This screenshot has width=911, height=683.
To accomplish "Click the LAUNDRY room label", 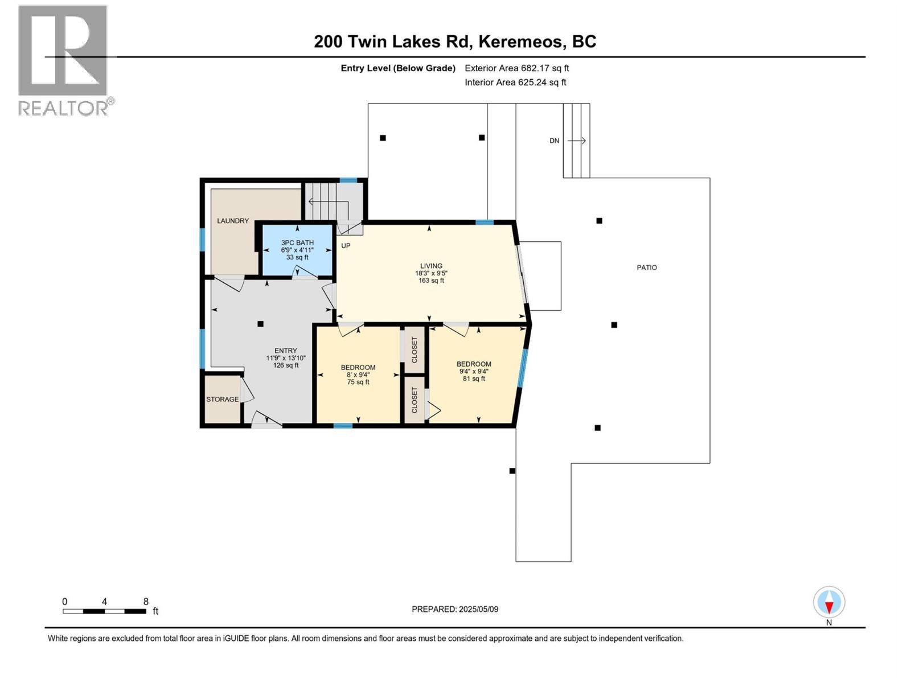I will pos(232,221).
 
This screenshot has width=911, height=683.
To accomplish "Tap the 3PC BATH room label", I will pos(297,242).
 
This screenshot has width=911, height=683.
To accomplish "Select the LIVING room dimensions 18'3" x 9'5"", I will pos(431,273).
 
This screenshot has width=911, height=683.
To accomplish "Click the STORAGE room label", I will pos(222,400).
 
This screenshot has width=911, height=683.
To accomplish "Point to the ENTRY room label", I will pos(285,351).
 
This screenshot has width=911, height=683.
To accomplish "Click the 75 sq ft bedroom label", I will pos(358,368).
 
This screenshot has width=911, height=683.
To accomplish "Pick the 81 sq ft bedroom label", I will pos(474,364).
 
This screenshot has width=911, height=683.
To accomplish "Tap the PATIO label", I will pos(646,268).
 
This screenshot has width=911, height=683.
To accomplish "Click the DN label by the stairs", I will pos(554,141).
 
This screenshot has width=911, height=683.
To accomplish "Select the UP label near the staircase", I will pos(346,246).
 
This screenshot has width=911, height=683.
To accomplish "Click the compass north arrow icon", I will pos(829,603).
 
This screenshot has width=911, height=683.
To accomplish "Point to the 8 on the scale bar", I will pos(146,602).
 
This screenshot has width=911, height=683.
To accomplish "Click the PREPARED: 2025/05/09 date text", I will pos(455,609).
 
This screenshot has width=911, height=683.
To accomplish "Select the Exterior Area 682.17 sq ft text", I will pos(516,68).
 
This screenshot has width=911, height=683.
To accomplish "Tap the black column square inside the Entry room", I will pos(260,324).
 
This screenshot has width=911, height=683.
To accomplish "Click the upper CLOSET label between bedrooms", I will pos(415,349).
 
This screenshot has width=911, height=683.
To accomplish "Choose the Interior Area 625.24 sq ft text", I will pos(515,83).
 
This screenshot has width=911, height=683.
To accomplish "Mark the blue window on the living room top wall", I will pos(485,223).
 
